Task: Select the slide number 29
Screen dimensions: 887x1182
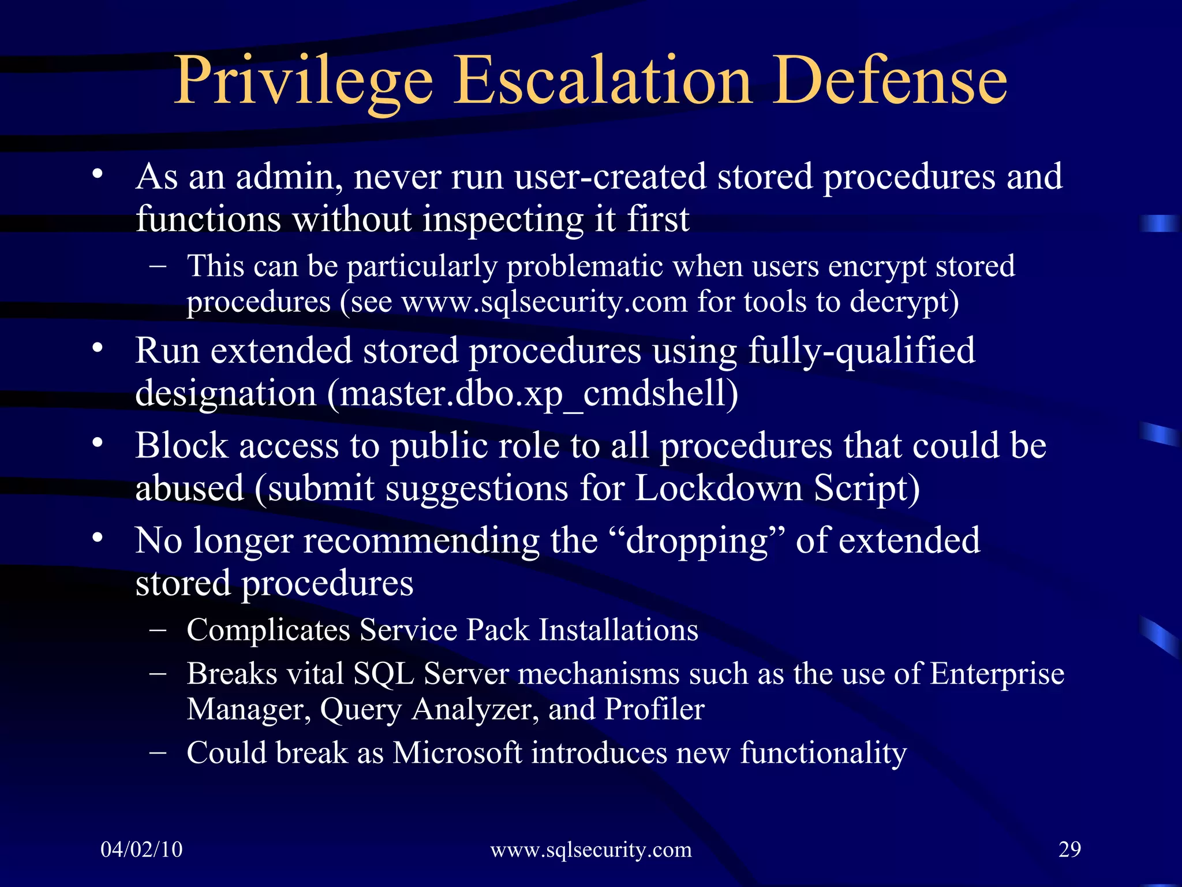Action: click(1069, 849)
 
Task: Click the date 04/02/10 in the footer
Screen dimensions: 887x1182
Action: click(141, 849)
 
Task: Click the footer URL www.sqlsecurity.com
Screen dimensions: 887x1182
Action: click(590, 849)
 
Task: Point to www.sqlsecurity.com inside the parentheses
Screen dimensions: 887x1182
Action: click(544, 302)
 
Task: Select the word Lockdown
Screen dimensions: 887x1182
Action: click(719, 489)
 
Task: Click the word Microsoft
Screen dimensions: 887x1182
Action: click(457, 752)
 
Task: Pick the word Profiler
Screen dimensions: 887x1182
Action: click(654, 709)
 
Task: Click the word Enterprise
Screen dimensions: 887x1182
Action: click(997, 674)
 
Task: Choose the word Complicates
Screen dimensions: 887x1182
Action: click(268, 629)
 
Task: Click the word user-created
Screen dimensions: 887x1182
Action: click(610, 177)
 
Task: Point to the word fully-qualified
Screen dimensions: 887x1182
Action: click(862, 351)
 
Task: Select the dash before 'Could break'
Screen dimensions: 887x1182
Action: click(157, 752)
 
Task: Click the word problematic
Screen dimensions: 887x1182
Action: click(585, 267)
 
